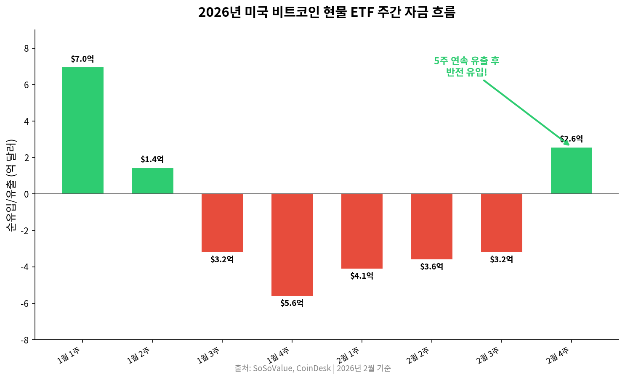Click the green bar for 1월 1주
pyautogui.click(x=82, y=130)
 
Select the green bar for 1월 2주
pyautogui.click(x=152, y=181)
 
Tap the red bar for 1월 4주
pyautogui.click(x=292, y=245)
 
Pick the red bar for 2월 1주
pyautogui.click(x=362, y=231)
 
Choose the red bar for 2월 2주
pyautogui.click(x=432, y=227)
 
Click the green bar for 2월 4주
pyautogui.click(x=571, y=171)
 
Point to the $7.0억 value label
pyautogui.click(x=82, y=59)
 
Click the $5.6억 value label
pyautogui.click(x=292, y=303)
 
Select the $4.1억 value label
pyautogui.click(x=362, y=276)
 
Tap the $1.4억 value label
pyautogui.click(x=152, y=159)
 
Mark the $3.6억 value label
pyautogui.click(x=432, y=267)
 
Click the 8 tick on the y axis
pyautogui.click(x=27, y=49)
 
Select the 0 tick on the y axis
pyautogui.click(x=27, y=194)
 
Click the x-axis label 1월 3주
pyautogui.click(x=210, y=355)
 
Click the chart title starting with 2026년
pyautogui.click(x=327, y=12)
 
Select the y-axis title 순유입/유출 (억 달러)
pyautogui.click(x=11, y=185)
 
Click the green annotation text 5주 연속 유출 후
pyautogui.click(x=466, y=61)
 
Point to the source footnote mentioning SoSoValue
pyautogui.click(x=313, y=369)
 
